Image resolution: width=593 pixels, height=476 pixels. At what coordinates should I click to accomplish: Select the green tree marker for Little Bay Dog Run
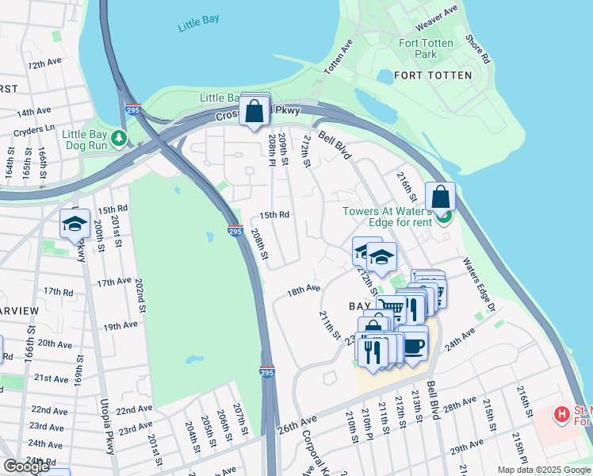point(119,139)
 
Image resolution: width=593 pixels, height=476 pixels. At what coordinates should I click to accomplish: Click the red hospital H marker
point(561,414)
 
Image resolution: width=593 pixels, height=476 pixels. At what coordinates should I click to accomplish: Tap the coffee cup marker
point(414,344)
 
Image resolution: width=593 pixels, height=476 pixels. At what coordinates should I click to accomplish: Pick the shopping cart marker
point(390,308)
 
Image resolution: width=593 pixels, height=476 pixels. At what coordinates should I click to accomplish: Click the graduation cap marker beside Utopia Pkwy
point(75,223)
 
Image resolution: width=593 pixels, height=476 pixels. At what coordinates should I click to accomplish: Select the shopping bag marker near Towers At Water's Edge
point(440,198)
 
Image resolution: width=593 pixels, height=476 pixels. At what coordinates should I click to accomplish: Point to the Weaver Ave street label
point(442,13)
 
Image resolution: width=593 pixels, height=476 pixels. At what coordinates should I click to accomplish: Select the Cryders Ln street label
point(34,128)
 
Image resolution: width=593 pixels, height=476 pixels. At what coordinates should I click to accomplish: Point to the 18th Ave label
point(304,291)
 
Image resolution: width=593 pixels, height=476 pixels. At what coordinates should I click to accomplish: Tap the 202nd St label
point(140,297)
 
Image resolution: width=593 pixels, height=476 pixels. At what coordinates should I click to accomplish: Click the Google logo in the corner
point(26,466)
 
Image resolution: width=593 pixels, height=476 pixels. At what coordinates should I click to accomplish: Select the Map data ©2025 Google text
point(543,470)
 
